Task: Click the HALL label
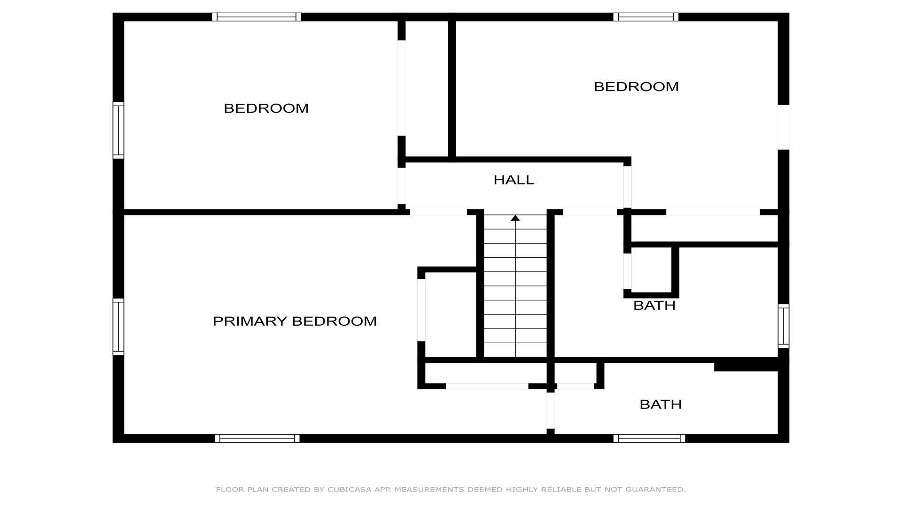tap(514, 180)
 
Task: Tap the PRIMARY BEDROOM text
tap(295, 321)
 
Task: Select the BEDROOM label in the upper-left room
tap(266, 108)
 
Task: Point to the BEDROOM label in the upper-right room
tap(636, 87)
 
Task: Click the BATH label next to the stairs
tap(654, 306)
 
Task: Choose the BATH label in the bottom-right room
tap(661, 405)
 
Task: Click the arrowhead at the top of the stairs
tap(515, 218)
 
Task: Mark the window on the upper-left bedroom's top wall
tap(257, 17)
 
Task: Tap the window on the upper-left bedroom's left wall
tap(118, 130)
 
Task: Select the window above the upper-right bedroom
tap(646, 17)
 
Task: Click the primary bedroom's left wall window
tap(118, 327)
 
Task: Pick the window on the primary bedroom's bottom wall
tap(257, 438)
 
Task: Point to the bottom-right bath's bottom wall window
tap(649, 438)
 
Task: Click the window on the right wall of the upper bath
tap(784, 326)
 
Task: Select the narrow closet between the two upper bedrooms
tap(427, 89)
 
